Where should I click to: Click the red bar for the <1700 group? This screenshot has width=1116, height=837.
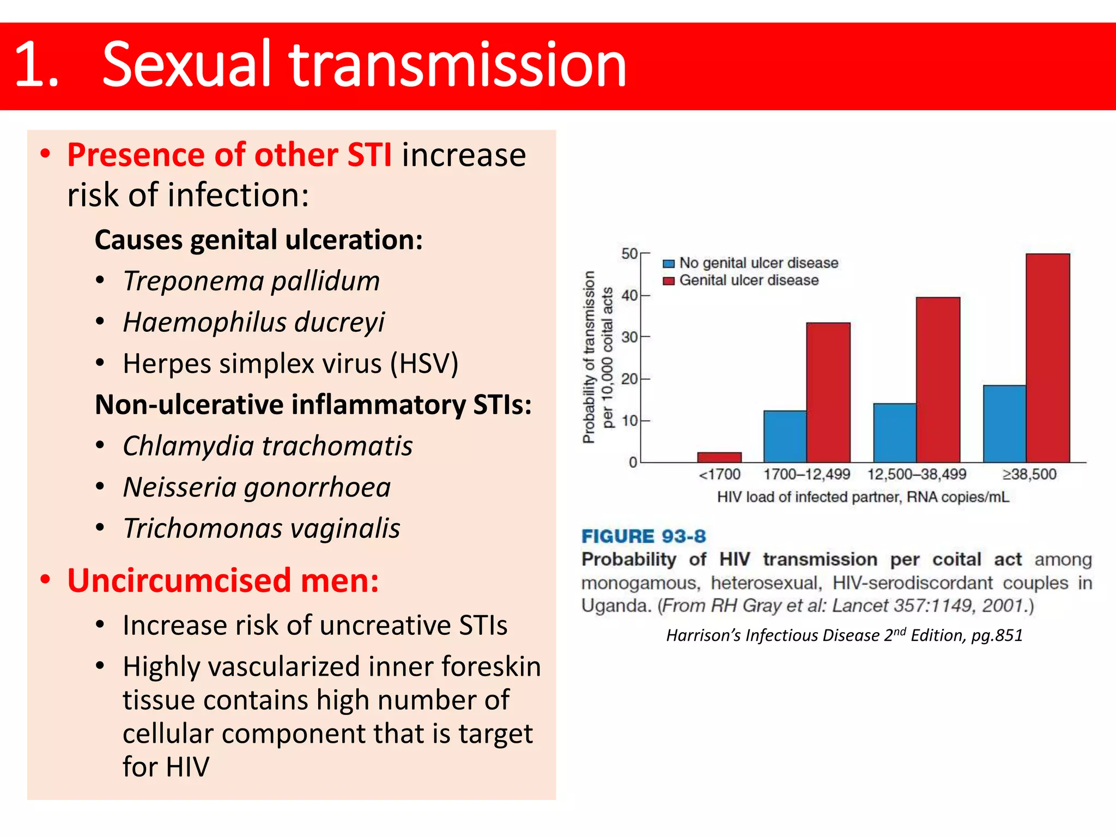click(x=719, y=457)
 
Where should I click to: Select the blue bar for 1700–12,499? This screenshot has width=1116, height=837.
click(x=785, y=436)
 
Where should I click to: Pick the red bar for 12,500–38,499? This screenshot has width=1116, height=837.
click(x=938, y=380)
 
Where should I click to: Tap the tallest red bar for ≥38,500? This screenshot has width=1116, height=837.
click(x=1047, y=358)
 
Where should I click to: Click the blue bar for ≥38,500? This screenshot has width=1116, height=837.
click(x=1004, y=424)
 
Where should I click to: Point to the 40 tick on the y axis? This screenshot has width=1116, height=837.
click(x=630, y=296)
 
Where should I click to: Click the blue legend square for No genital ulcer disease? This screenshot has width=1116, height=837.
click(x=669, y=264)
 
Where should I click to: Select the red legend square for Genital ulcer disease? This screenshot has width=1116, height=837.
click(x=669, y=281)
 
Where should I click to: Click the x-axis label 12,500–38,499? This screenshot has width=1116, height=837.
click(x=917, y=474)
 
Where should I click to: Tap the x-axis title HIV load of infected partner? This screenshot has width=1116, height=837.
click(x=863, y=497)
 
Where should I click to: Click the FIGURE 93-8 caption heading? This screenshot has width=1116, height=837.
click(x=643, y=536)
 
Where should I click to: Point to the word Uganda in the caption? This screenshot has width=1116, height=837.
click(x=616, y=605)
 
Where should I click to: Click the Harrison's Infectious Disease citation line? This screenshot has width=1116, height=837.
click(x=844, y=635)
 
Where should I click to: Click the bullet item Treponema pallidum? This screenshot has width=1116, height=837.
click(x=251, y=281)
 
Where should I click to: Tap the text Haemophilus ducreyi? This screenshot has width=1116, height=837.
click(x=253, y=322)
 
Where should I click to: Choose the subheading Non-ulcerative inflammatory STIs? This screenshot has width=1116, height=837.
click(x=313, y=405)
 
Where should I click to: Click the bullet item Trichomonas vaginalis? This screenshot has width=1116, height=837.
click(x=262, y=529)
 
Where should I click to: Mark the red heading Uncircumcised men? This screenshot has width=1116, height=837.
click(x=223, y=580)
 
